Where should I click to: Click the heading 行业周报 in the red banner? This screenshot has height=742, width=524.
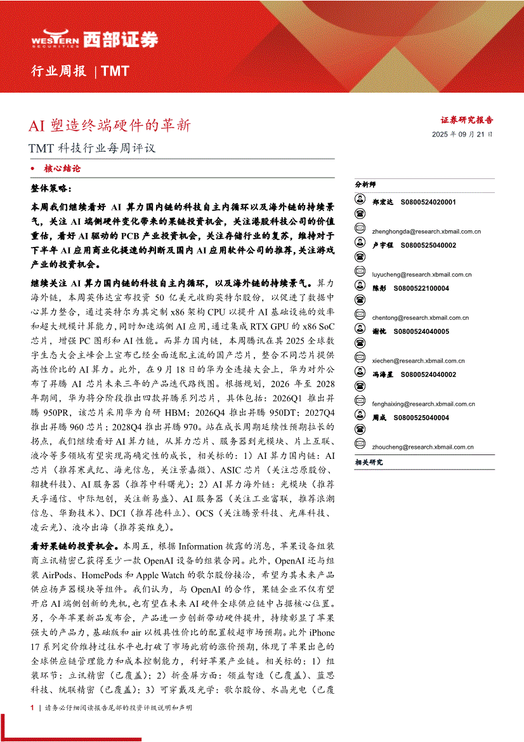coord(59,71)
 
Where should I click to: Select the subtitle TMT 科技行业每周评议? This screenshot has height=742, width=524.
coord(92,149)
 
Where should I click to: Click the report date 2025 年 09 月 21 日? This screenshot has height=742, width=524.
coord(462,135)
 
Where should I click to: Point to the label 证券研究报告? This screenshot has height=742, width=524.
coord(466,119)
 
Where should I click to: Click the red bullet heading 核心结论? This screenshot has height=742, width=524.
coord(62,169)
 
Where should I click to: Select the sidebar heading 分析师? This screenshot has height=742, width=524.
coord(365,184)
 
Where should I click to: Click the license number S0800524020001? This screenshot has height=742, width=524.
coord(425,202)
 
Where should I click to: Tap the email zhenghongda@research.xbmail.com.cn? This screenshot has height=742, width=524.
coord(427,232)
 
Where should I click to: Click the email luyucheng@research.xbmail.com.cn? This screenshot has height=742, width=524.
coord(422,275)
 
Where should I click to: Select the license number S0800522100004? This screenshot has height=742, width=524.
coord(421,288)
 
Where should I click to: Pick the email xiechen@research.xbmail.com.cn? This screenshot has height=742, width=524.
coord(419,361)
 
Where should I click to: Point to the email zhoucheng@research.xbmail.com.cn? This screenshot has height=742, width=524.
coord(422,447)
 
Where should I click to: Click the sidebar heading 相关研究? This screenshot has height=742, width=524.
coord(369,463)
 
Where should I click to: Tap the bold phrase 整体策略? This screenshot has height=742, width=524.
coord(52,189)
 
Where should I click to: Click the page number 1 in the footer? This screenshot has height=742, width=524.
coord(32,707)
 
